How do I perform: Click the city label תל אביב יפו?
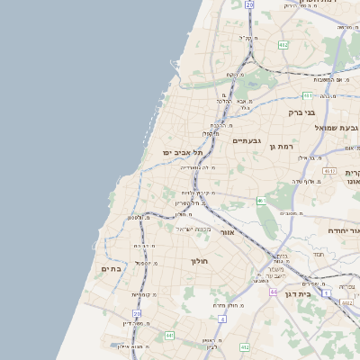coord(179,153)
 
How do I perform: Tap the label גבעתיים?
coord(246,141)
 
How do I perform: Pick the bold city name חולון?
coord(199,261)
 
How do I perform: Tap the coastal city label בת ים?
coord(112,268)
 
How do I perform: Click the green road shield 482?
coord(283,44)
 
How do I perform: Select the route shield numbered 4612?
coord(329,170)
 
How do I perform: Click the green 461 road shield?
coord(261,200)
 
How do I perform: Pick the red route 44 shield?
coord(273,292)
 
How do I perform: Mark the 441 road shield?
coord(168,335)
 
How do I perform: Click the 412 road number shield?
coord(244,346)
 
